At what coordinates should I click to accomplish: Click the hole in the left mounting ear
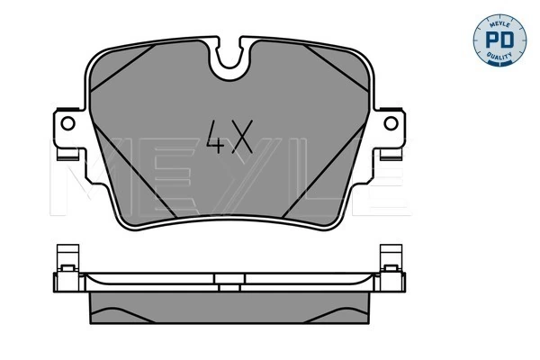[x=67, y=125]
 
